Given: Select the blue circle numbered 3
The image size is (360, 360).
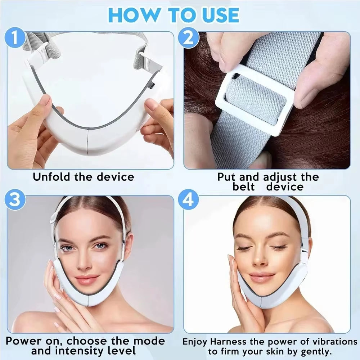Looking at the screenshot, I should coord(14,200).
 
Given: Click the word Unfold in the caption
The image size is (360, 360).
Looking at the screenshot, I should coord(52,177).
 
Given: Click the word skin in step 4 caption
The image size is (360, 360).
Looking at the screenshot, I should coord(284,351).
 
